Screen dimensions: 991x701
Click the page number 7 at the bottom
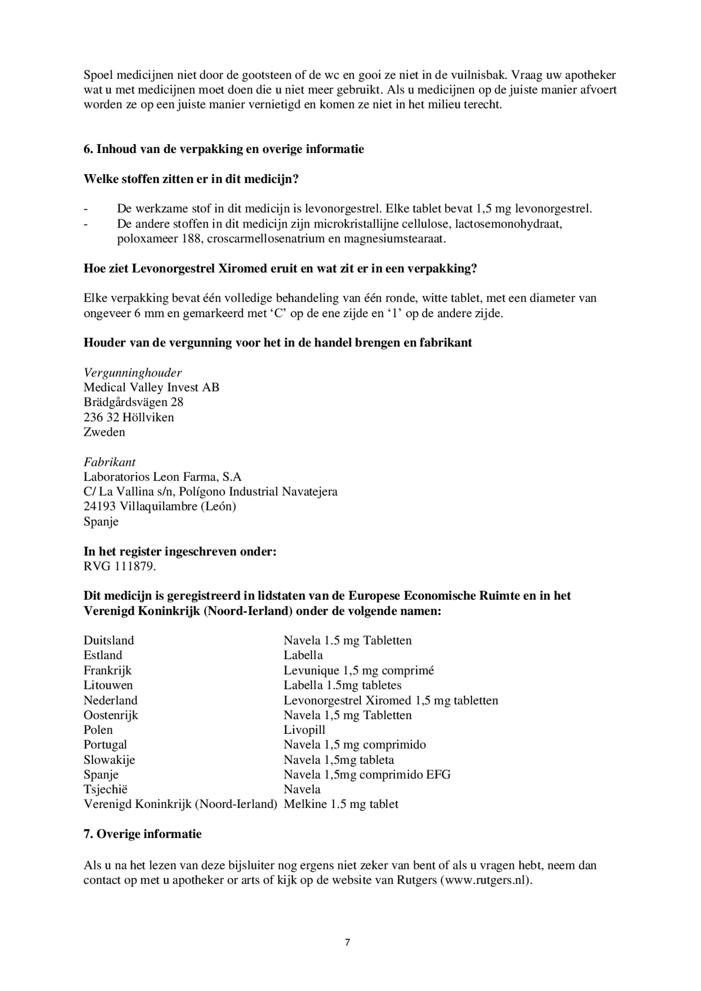347,942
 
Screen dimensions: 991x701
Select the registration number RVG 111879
119,566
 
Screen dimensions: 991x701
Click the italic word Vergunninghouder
133,373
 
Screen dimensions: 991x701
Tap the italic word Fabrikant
109,462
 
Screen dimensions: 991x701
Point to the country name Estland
103,655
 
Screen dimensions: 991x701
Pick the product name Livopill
304,730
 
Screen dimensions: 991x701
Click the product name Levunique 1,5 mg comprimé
358,670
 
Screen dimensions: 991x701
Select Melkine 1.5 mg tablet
341,804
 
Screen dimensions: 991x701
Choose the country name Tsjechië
106,789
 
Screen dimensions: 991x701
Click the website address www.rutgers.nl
485,880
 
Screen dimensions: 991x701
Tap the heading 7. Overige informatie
143,834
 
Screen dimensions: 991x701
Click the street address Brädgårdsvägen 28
133,402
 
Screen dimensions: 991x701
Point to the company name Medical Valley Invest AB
151,387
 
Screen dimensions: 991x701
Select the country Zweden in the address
104,432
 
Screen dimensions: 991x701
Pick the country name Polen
98,730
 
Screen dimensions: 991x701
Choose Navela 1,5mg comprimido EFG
367,774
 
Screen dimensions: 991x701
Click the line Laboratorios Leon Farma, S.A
162,477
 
